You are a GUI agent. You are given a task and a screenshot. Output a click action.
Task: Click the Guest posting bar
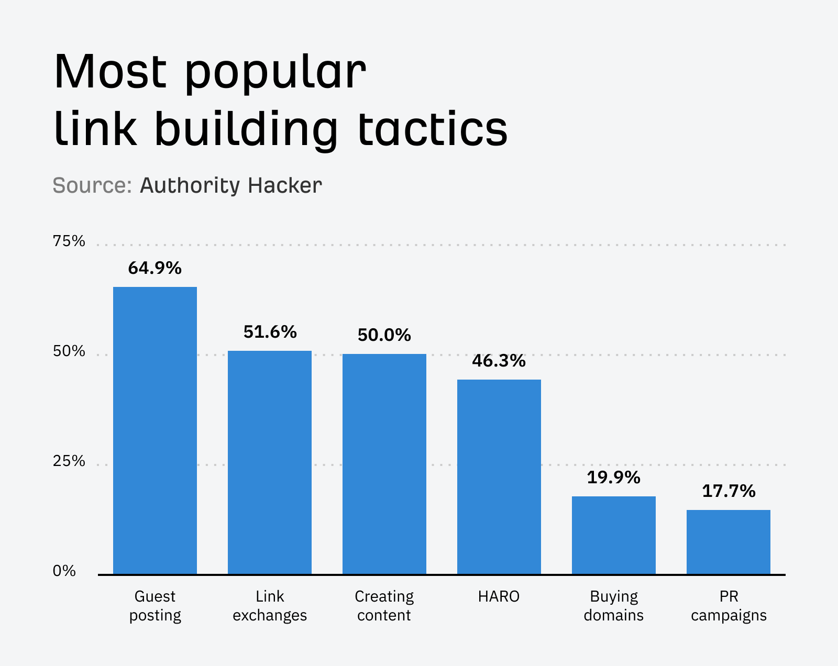(x=155, y=430)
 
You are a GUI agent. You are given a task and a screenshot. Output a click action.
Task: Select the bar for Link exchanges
(x=270, y=462)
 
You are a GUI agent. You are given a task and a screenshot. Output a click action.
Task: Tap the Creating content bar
(x=384, y=464)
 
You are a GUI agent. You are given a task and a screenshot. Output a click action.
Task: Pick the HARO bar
(x=499, y=476)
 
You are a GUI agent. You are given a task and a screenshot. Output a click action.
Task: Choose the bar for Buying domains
(x=614, y=535)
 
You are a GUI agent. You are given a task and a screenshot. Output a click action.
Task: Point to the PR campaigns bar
(x=729, y=542)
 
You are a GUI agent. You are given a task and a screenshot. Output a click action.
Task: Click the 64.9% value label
(x=155, y=268)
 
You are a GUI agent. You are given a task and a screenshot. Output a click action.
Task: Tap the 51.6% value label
(x=270, y=332)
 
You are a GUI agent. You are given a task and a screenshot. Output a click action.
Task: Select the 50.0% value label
(x=384, y=335)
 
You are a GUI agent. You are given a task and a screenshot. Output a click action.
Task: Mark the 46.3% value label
(x=499, y=361)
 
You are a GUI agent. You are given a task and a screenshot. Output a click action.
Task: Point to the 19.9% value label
(x=614, y=478)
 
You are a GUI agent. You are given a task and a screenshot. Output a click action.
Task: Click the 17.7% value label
(x=729, y=491)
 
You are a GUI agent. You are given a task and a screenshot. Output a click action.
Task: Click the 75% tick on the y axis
(x=69, y=241)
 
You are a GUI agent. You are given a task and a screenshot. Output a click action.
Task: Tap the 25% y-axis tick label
(x=69, y=461)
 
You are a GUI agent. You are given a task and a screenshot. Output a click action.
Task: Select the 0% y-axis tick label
(x=64, y=571)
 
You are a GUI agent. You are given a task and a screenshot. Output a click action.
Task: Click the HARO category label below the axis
(x=499, y=596)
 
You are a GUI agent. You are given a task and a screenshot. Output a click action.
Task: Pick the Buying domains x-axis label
(x=614, y=606)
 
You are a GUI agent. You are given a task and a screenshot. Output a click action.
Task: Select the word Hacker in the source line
(x=285, y=185)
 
